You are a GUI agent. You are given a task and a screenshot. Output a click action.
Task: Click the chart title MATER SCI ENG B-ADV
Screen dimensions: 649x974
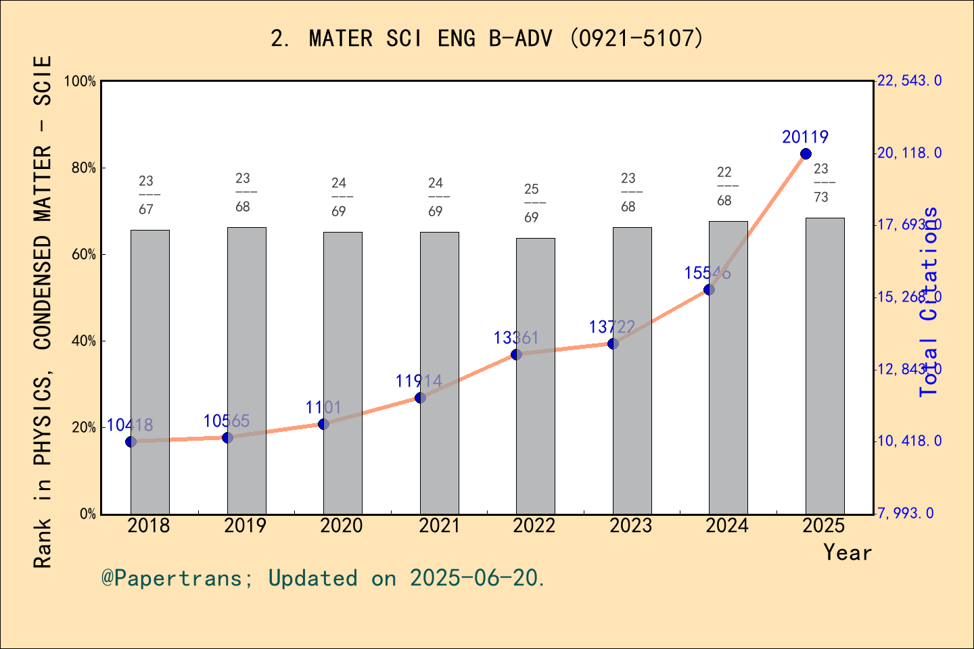pos(487,39)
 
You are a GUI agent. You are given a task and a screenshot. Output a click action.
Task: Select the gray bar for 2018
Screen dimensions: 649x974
pos(149,372)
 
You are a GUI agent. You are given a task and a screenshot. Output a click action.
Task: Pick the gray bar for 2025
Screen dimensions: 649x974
pos(825,366)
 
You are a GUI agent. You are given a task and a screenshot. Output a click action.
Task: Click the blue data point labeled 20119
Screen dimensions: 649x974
pos(806,154)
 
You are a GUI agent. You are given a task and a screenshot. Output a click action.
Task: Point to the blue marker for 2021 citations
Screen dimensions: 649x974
pos(420,398)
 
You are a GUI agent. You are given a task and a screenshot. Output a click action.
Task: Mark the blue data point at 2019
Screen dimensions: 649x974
pos(227,437)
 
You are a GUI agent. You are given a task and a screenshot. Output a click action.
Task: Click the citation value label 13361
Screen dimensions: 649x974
pos(516,338)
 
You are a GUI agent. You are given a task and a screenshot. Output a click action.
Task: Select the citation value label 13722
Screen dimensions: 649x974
pos(612,327)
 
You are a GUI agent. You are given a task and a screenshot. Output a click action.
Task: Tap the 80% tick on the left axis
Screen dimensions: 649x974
pos(85,168)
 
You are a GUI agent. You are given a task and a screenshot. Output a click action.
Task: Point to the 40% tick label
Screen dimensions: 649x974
pos(85,341)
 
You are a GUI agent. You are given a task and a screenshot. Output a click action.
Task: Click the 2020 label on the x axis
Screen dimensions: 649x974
pos(342,526)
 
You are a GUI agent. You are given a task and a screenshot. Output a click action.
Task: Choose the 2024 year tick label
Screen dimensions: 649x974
pos(727,526)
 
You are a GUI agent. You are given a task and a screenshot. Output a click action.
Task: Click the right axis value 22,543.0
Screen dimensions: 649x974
pos(909,81)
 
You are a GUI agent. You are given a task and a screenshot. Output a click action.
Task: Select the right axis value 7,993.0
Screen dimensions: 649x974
pos(906,514)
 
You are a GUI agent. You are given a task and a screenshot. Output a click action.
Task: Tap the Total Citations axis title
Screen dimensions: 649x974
pos(929,302)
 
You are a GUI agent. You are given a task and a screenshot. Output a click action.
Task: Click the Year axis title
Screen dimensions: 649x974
pos(848,553)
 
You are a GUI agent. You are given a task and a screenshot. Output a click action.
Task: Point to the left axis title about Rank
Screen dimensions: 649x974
pos(43,311)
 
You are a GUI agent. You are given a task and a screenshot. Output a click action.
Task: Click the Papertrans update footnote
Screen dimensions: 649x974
pos(323,579)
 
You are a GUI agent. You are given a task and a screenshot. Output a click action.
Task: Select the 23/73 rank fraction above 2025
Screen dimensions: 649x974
pos(821,183)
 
